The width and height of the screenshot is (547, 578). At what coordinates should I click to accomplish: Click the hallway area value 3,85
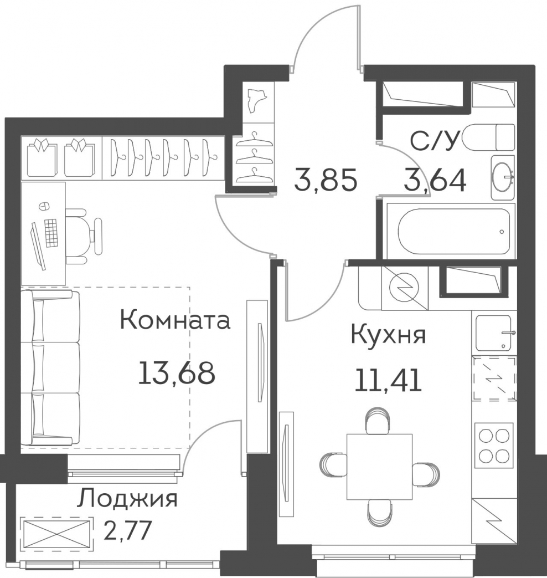point(326,180)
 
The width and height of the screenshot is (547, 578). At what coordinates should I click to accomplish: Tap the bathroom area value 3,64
point(435,180)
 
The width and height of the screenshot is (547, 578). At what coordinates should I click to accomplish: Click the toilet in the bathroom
point(489,137)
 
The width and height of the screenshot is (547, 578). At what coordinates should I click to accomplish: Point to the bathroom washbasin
point(503,177)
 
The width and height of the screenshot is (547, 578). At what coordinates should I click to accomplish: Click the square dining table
point(379,467)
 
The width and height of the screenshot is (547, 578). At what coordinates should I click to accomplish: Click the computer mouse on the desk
point(44,206)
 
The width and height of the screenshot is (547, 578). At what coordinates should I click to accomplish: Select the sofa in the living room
point(50,367)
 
